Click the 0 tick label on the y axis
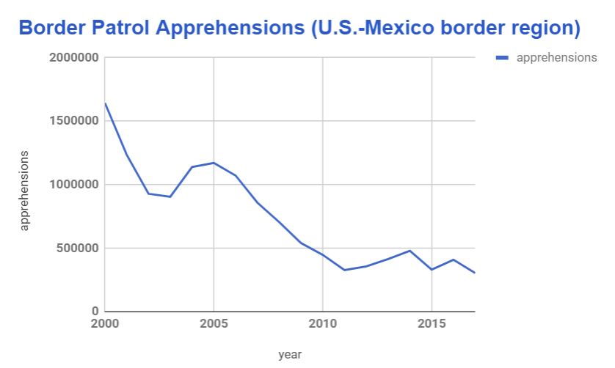95,312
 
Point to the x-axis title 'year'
290,355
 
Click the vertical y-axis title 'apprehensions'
24,191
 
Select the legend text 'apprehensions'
556,58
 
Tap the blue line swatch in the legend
503,58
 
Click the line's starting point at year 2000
105,103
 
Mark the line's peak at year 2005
214,163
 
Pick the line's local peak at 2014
410,251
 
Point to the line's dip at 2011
345,270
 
